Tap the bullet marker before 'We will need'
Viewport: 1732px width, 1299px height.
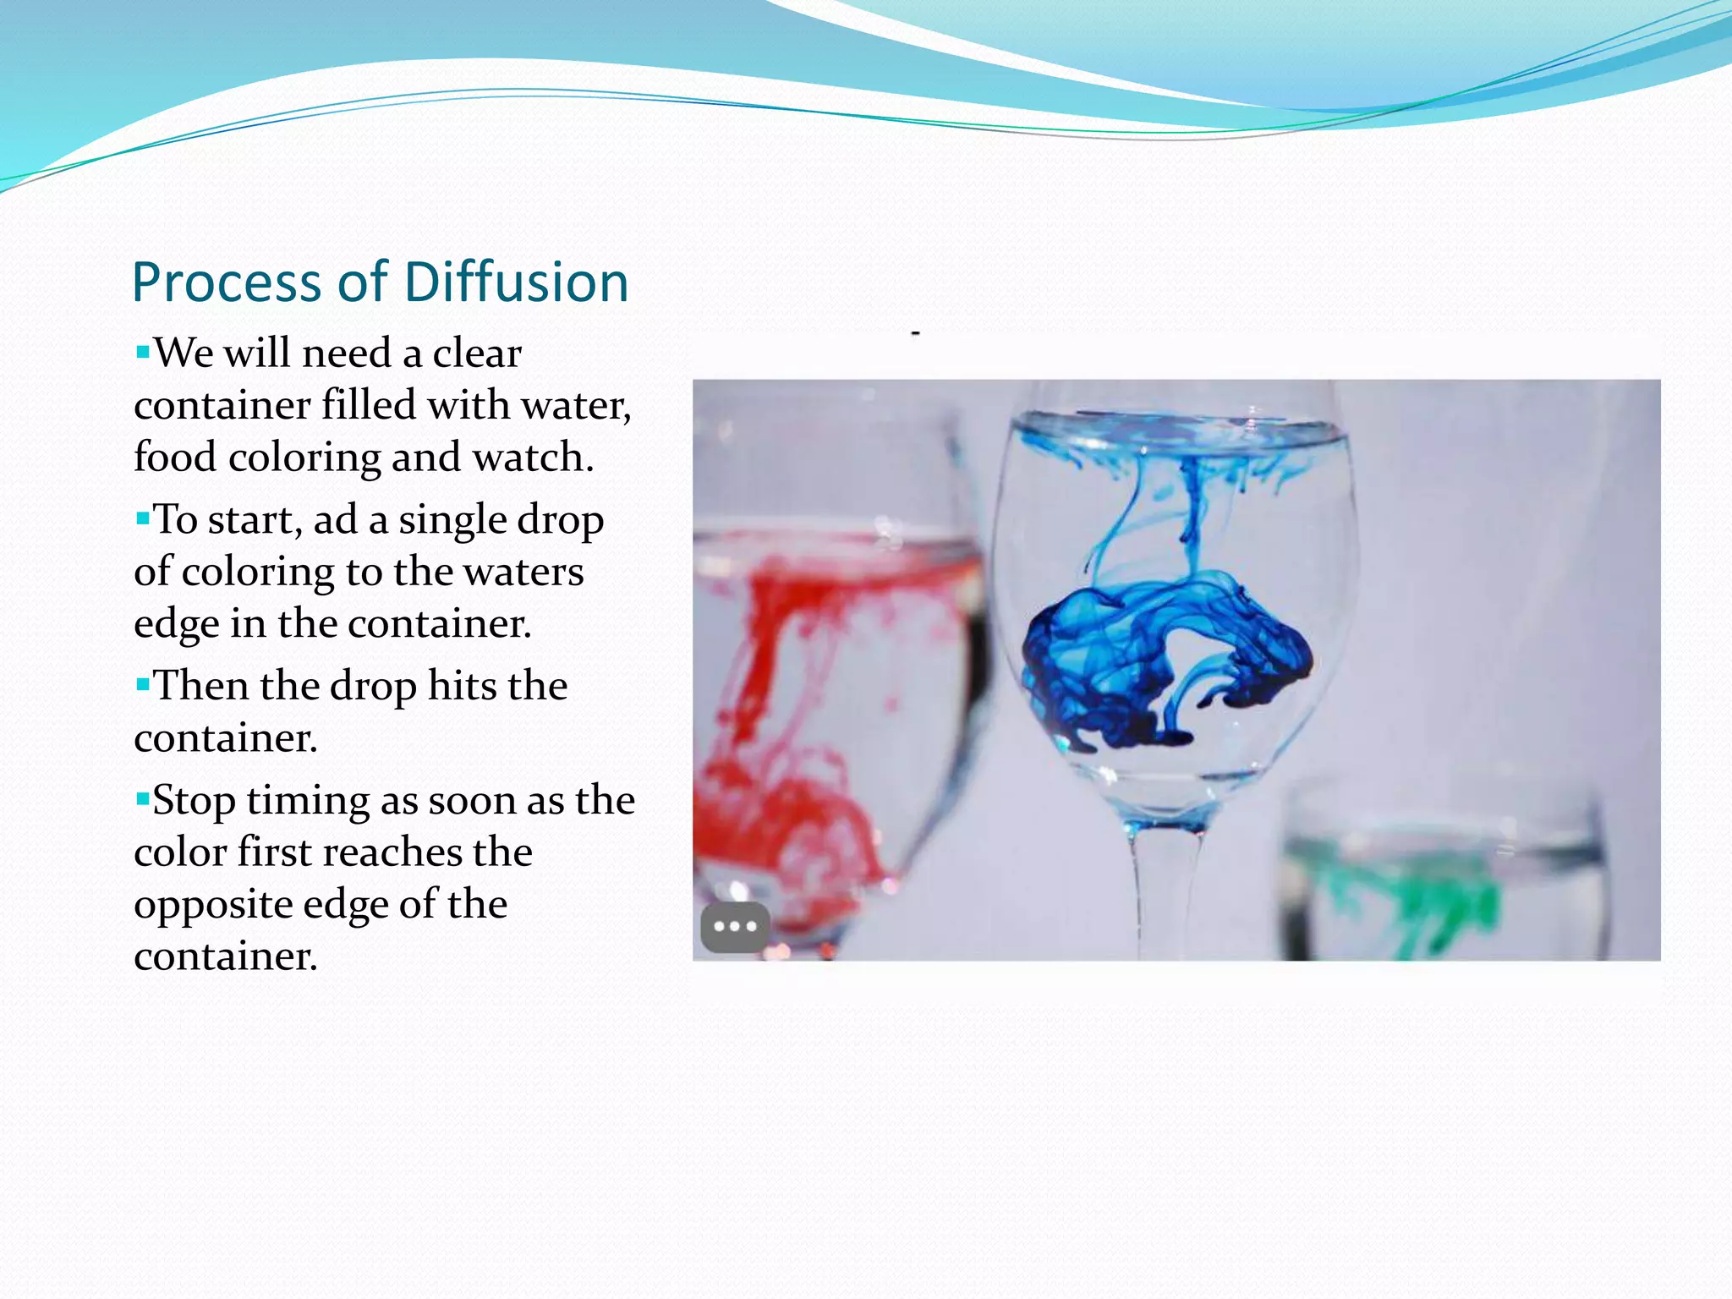[x=142, y=349]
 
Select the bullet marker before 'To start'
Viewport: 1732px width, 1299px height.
[x=142, y=516]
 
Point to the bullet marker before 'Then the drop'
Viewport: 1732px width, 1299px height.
[x=142, y=682]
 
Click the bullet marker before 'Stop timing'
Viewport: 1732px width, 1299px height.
[x=142, y=797]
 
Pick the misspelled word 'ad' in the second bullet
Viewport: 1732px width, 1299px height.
[x=335, y=519]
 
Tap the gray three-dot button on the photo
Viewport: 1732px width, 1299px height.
[x=735, y=927]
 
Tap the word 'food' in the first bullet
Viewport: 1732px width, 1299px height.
[x=175, y=458]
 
